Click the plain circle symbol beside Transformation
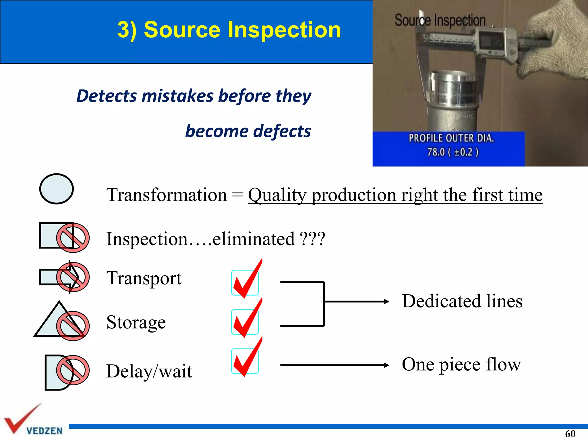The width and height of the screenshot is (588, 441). pos(56,189)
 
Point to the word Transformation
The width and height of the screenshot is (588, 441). pos(167,195)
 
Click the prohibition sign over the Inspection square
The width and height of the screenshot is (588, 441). pos(73,238)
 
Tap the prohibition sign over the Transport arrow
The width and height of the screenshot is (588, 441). pos(73,277)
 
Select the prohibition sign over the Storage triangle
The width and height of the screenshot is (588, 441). pos(73,326)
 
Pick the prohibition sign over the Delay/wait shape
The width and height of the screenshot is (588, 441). pos(73,370)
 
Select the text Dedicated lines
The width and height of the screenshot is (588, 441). pos(462,301)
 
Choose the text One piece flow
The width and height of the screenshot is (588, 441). pos(461,365)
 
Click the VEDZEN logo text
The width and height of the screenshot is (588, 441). pos(45,431)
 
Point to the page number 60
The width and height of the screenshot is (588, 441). pos(570,434)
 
